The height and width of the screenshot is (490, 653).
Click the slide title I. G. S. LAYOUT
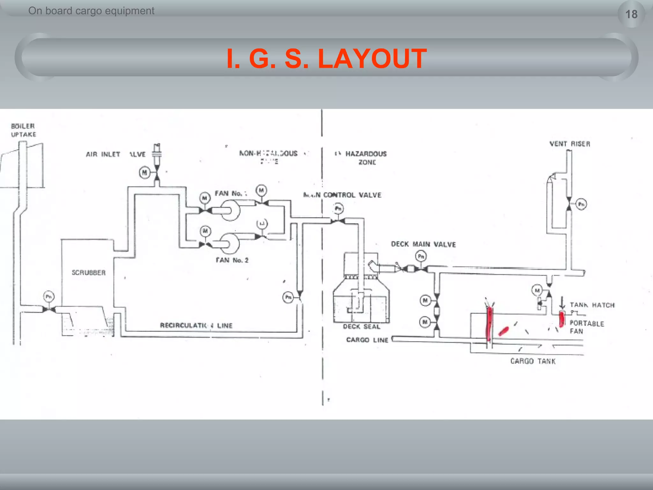(326, 58)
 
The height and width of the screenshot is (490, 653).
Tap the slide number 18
(631, 14)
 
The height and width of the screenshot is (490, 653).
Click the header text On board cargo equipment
(91, 11)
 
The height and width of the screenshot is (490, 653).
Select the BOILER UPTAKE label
(23, 130)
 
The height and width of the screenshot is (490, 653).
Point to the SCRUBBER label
(89, 272)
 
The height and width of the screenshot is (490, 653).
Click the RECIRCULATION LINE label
(196, 325)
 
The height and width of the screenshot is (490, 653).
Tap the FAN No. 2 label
(232, 260)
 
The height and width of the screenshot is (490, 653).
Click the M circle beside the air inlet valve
(144, 173)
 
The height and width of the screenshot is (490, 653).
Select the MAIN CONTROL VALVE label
(342, 195)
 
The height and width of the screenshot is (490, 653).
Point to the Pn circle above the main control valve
(338, 209)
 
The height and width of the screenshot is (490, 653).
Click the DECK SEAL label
(362, 326)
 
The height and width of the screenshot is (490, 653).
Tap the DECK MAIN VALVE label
(423, 244)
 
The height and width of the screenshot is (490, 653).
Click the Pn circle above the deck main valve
(421, 256)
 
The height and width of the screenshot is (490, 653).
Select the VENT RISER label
(570, 144)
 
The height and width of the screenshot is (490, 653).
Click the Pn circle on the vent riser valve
(581, 204)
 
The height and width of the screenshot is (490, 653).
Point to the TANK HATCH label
(592, 305)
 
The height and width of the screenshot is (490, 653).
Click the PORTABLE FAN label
(587, 327)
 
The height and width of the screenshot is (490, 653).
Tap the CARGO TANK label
(533, 361)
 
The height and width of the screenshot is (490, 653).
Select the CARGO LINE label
(367, 340)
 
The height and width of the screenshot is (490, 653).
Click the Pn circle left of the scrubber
(48, 297)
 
